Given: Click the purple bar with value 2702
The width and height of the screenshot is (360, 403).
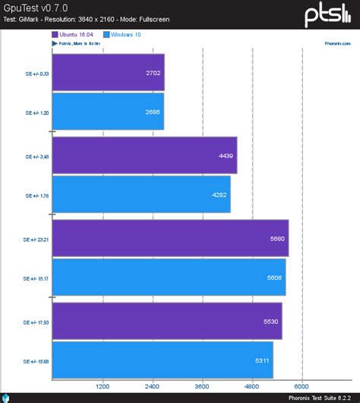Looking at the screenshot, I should coord(108,72).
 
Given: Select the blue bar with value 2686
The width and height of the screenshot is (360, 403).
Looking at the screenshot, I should coord(108,112).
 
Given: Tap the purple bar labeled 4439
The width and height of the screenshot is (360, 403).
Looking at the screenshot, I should coord(144,155).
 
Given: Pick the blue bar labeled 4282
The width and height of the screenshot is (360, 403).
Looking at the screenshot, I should coord(141,195).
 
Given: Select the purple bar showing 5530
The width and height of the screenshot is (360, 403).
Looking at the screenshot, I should coord(167,321).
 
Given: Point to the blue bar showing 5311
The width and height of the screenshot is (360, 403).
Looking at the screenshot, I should coord(163,360).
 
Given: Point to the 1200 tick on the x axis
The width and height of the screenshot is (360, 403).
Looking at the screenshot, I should coord(103,386).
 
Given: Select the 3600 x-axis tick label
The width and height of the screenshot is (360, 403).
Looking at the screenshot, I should coord(203,386).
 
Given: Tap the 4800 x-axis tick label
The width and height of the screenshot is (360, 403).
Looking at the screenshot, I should coord(253,386).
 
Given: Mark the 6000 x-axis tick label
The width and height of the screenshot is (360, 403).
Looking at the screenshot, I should coord(303,386).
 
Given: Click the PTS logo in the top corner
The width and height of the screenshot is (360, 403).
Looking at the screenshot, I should coord(328,14).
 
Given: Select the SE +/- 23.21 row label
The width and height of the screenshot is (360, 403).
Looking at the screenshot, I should coord(36,239).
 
